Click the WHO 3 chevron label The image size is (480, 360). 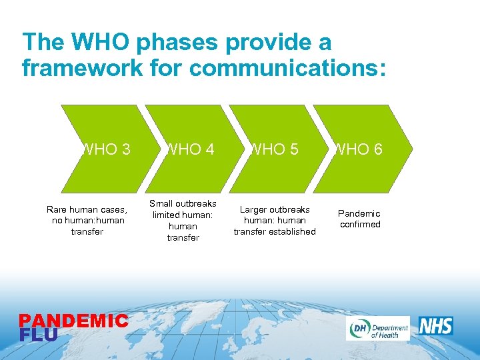point(105,149)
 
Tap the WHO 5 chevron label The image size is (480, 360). point(273,149)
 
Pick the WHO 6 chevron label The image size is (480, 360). point(358,149)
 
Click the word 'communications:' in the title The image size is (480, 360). point(291,68)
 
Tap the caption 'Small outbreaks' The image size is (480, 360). point(183,203)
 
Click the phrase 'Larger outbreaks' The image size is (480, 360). point(275,209)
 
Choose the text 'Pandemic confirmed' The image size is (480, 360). point(359,219)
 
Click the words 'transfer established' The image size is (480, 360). point(275,231)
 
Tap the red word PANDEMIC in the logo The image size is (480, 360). point(73,321)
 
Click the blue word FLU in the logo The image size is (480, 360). point(39,334)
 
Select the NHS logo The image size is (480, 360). point(436,326)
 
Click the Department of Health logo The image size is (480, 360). point(377,328)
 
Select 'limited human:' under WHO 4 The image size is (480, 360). point(183,215)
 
